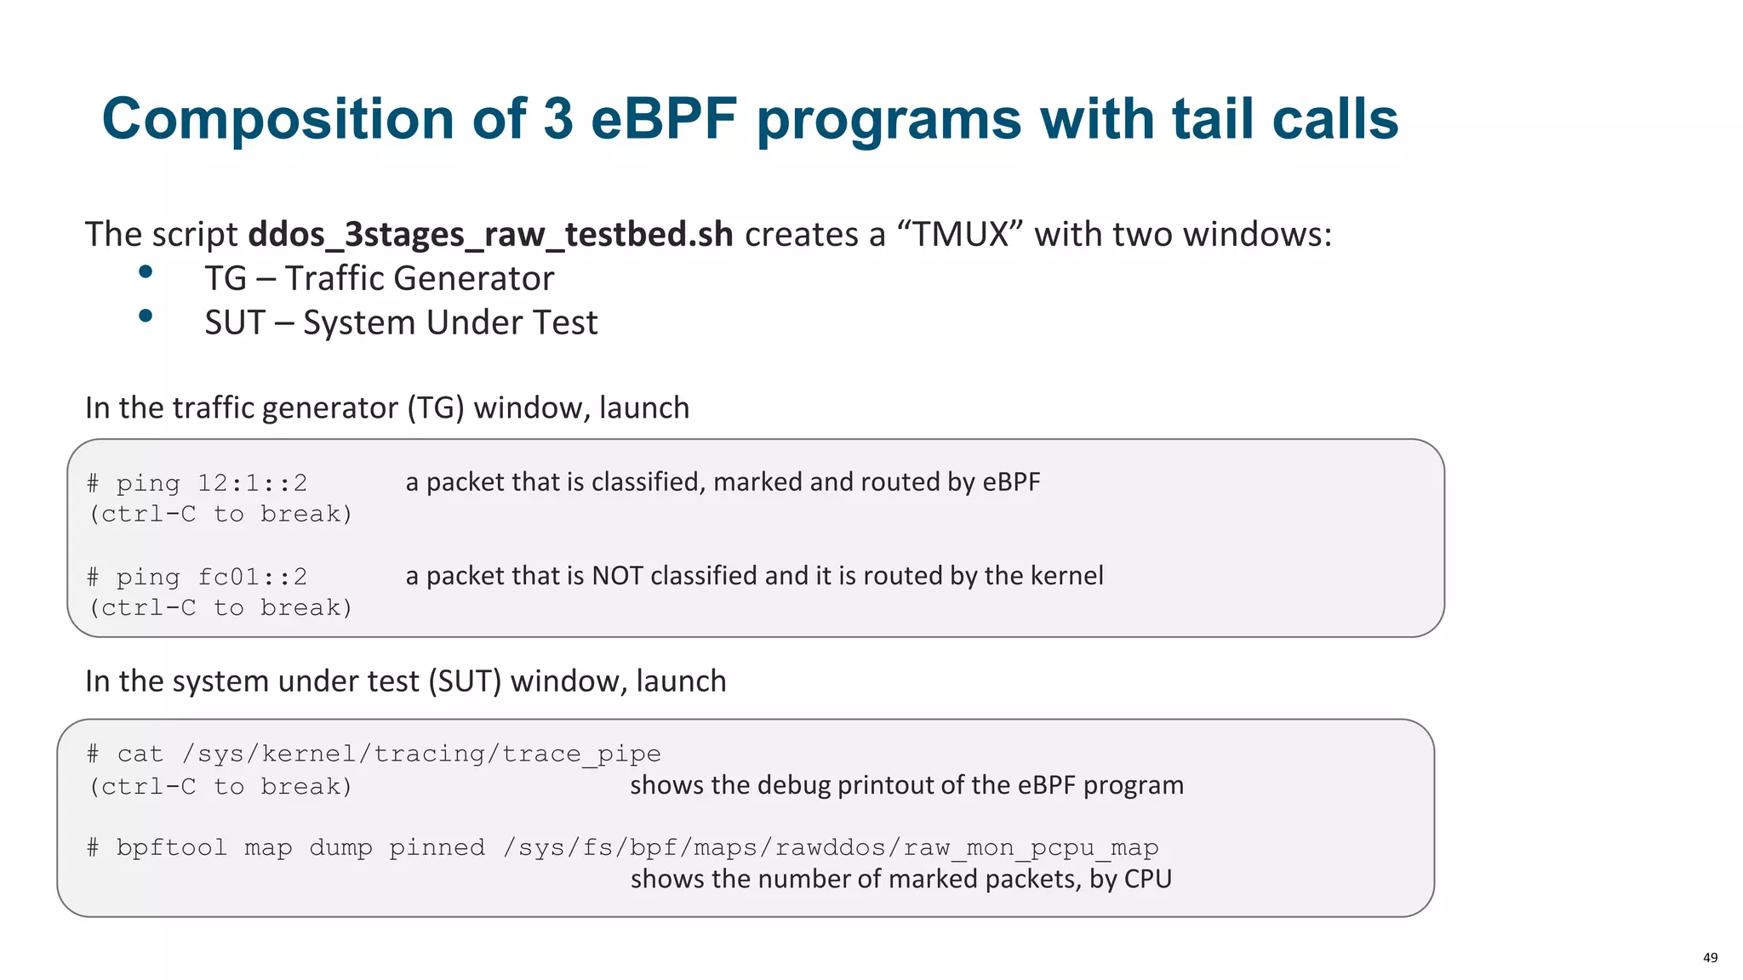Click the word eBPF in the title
click(x=663, y=118)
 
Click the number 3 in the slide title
click(x=557, y=118)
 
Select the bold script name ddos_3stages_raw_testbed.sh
click(x=490, y=234)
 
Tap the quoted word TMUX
click(x=960, y=234)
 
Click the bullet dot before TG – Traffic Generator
click(x=146, y=271)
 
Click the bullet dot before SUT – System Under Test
click(x=146, y=316)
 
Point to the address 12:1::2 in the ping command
click(x=252, y=483)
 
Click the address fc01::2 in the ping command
click(x=252, y=577)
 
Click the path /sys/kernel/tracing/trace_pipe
click(x=420, y=754)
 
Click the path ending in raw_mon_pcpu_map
click(x=831, y=847)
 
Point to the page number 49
click(x=1710, y=957)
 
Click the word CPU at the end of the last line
click(x=1148, y=879)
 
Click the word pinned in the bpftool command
click(x=437, y=847)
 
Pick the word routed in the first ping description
click(x=900, y=482)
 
